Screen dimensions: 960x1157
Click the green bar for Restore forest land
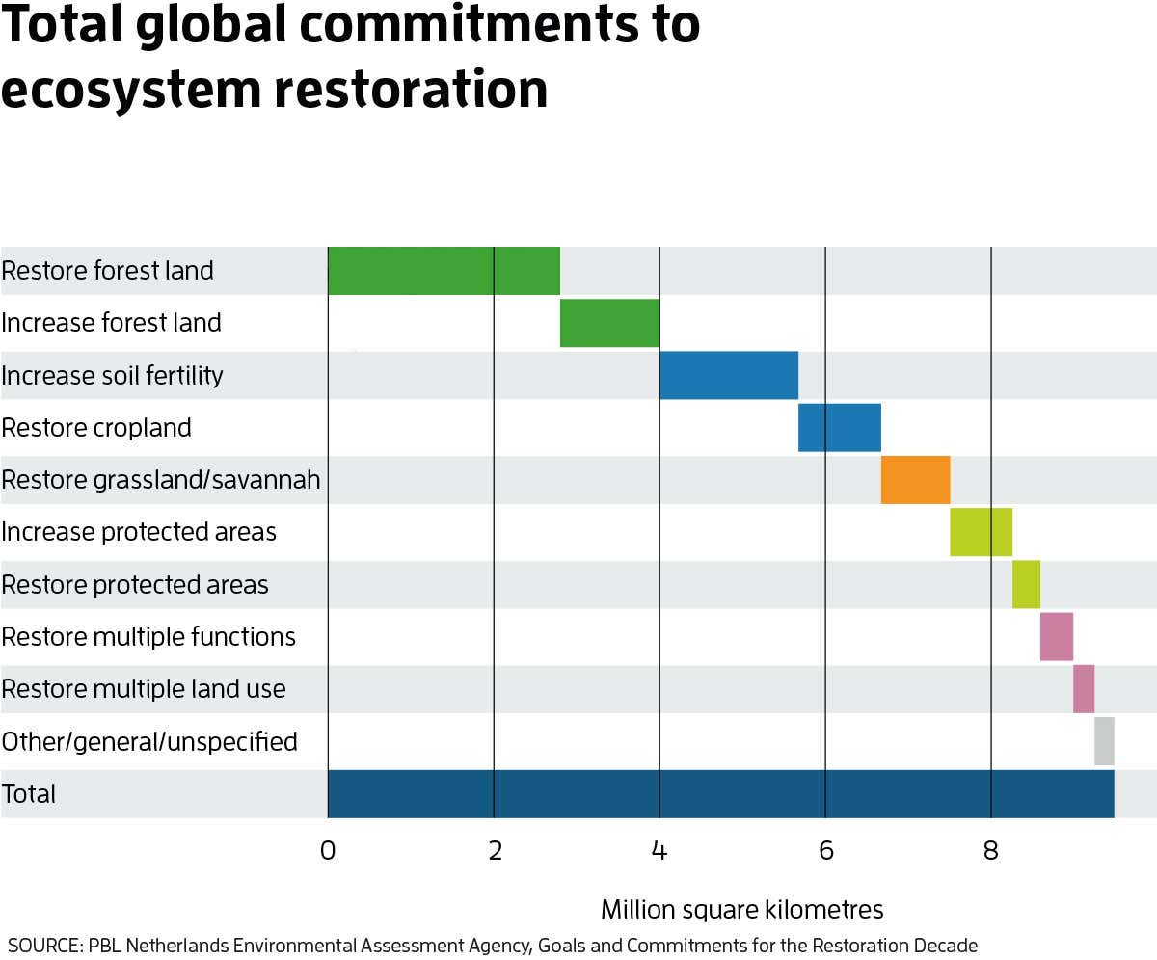[444, 271]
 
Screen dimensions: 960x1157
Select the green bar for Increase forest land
[609, 323]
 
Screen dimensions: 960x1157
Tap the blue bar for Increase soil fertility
[729, 375]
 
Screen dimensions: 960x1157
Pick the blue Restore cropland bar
[840, 427]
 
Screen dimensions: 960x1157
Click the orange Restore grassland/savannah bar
[915, 480]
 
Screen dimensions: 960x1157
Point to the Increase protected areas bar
[981, 532]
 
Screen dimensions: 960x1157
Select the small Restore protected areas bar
[1026, 584]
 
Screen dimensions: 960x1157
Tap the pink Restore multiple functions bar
[1057, 636]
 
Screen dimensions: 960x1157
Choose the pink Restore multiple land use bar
[1084, 689]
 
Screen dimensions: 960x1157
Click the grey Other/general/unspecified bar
[1104, 741]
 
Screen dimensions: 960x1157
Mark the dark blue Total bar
[721, 793]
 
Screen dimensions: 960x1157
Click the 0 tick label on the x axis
[328, 851]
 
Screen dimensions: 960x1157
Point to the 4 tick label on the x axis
[659, 851]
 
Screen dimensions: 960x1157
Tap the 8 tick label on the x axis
[991, 851]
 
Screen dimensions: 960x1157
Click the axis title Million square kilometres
[741, 909]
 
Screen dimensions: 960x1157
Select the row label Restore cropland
[96, 428]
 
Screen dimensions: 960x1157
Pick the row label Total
[29, 794]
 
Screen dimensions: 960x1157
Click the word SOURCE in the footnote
[42, 945]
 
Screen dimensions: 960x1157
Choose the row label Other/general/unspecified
[149, 742]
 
